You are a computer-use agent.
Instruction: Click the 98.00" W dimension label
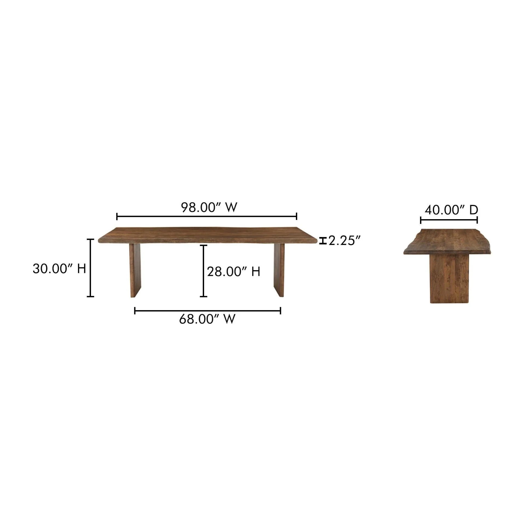(209, 207)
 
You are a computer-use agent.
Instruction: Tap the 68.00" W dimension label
(207, 319)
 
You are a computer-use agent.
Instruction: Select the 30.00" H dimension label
(59, 268)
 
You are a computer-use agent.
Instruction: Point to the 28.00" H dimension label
(233, 272)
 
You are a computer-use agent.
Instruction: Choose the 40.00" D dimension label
(451, 210)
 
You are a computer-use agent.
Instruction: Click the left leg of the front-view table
(135, 270)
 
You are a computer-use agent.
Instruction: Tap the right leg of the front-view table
(279, 270)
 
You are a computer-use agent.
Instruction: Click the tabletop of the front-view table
(208, 235)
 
